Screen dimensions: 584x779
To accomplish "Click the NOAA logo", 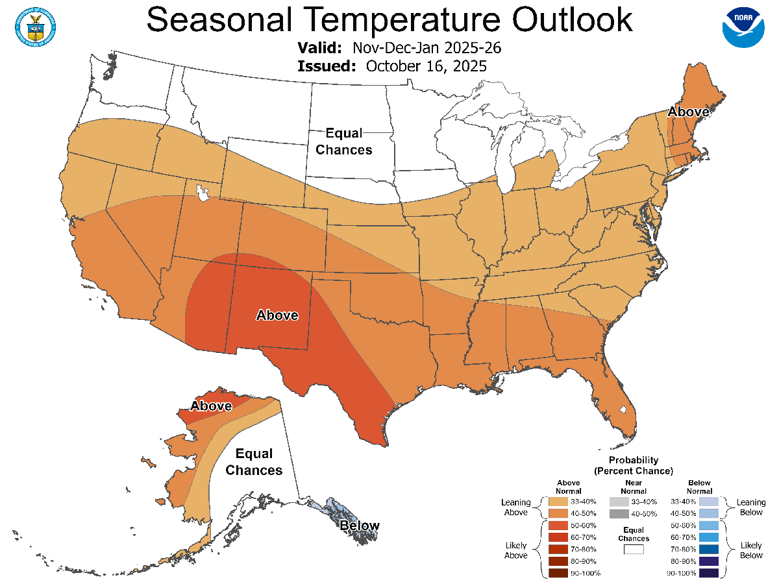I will pyautogui.click(x=743, y=27).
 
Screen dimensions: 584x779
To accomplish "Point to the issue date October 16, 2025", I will pyautogui.click(x=426, y=66).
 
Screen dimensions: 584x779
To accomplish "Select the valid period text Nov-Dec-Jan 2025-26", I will pyautogui.click(x=427, y=49).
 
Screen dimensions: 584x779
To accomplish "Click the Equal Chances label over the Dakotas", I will pyautogui.click(x=349, y=141).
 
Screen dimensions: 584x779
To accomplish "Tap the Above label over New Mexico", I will pyautogui.click(x=277, y=315).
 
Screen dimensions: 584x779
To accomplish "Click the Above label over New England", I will pyautogui.click(x=688, y=112).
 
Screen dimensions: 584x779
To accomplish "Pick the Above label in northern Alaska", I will pyautogui.click(x=211, y=406).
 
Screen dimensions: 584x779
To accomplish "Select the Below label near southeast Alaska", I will pyautogui.click(x=360, y=526).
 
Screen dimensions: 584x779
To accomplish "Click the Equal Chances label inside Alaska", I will pyautogui.click(x=254, y=462).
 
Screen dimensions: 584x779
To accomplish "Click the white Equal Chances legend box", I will pyautogui.click(x=634, y=550).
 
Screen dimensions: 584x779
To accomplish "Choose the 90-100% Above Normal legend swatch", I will pyautogui.click(x=558, y=573).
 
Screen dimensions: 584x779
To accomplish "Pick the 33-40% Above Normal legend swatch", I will pyautogui.click(x=558, y=502).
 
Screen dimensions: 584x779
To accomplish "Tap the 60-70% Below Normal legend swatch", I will pyautogui.click(x=709, y=537).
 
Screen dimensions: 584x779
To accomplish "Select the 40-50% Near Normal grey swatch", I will pyautogui.click(x=619, y=514).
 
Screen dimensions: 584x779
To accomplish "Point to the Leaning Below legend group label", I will pyautogui.click(x=751, y=507).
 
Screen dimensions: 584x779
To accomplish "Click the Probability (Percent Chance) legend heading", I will pyautogui.click(x=634, y=465).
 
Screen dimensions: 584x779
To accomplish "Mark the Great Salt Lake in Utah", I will pyautogui.click(x=203, y=193).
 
